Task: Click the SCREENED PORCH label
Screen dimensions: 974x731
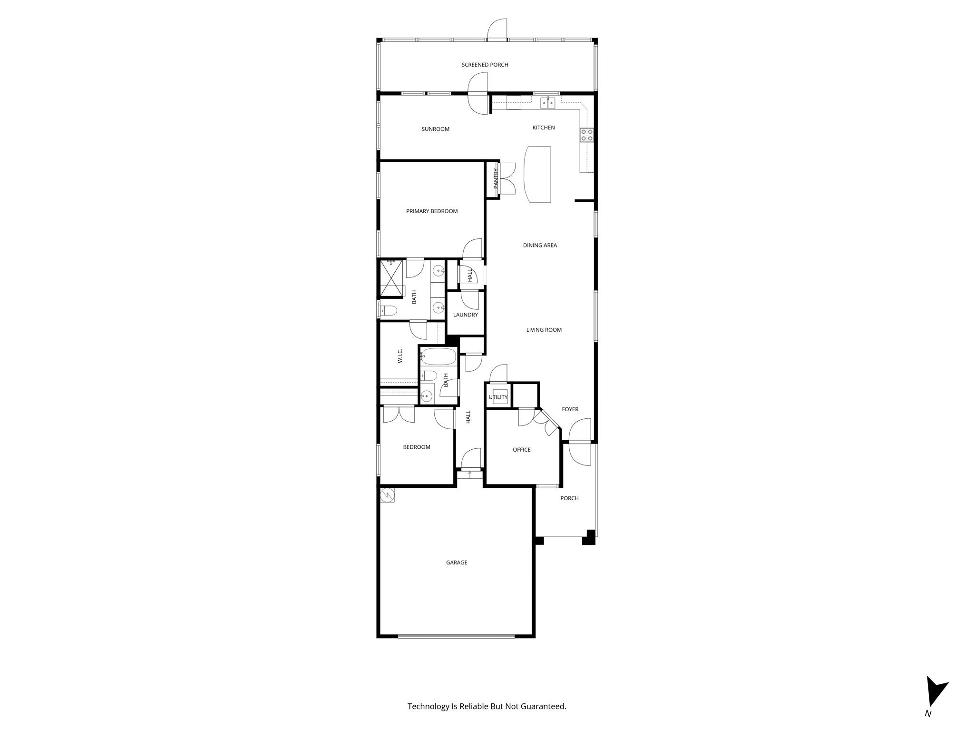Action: (x=485, y=65)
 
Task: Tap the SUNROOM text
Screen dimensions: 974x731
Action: (x=435, y=129)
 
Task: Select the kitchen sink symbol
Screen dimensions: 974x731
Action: (x=548, y=103)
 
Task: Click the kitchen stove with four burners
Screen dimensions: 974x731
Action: (x=586, y=135)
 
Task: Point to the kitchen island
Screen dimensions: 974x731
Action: (x=537, y=175)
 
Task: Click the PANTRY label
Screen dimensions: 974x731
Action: (x=496, y=178)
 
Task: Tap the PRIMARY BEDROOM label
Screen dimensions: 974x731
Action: (x=432, y=211)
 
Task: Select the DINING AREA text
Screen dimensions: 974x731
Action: (x=540, y=246)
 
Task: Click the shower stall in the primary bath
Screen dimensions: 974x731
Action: (x=391, y=277)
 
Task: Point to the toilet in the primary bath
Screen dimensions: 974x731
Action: (x=389, y=311)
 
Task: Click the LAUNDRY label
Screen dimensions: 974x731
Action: (x=465, y=315)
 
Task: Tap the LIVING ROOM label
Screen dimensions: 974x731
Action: (x=544, y=330)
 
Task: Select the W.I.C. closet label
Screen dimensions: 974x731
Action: (x=400, y=356)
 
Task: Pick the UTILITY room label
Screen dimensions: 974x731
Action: (x=498, y=397)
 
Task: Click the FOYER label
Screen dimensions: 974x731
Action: (x=570, y=409)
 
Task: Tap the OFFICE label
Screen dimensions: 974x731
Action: (x=521, y=450)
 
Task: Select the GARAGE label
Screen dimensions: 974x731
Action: (x=457, y=563)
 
